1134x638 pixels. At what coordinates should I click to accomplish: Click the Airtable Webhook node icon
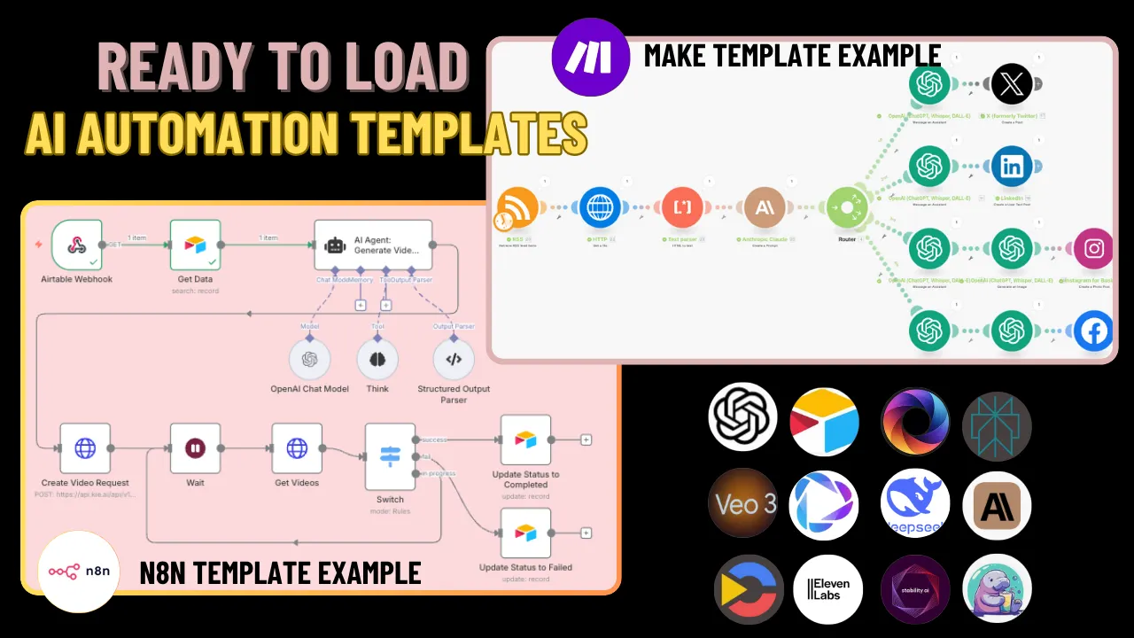click(x=76, y=245)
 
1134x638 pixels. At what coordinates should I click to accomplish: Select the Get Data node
click(x=195, y=245)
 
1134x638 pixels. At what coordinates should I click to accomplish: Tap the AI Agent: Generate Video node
click(x=373, y=245)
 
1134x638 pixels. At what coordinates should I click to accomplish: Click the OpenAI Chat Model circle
click(x=309, y=359)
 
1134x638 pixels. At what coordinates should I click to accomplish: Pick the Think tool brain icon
click(x=377, y=359)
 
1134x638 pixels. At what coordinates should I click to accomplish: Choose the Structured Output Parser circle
click(x=453, y=359)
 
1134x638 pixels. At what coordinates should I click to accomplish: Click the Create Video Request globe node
click(x=85, y=448)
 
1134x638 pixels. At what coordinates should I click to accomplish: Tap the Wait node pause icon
click(x=195, y=448)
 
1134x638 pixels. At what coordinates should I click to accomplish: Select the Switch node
click(x=390, y=456)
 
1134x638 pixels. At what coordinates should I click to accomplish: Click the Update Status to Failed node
click(x=525, y=533)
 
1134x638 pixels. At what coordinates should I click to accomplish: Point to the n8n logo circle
click(x=80, y=572)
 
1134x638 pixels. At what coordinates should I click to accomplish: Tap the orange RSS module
click(x=518, y=208)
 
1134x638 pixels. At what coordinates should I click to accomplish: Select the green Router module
click(x=847, y=208)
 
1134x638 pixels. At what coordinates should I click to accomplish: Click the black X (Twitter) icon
click(x=1011, y=85)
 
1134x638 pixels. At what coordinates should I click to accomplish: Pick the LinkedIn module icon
click(x=1011, y=166)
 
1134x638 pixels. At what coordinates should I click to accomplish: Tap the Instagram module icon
click(x=1094, y=249)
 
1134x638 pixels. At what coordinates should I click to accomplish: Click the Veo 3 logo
click(x=742, y=504)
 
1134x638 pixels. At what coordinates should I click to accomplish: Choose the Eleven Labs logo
click(x=827, y=589)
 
